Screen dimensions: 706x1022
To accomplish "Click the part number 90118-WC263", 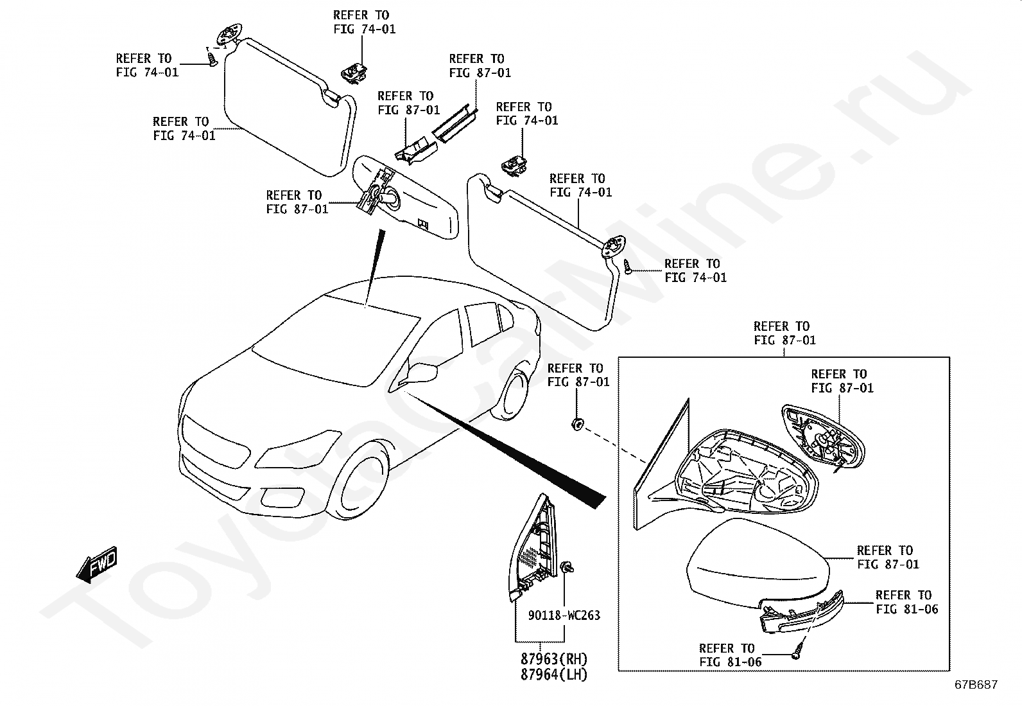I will pyautogui.click(x=564, y=615).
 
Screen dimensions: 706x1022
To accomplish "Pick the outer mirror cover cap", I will pyautogui.click(x=758, y=558).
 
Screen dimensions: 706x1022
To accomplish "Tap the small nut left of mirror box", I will pyautogui.click(x=576, y=423).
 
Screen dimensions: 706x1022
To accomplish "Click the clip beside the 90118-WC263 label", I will pyautogui.click(x=567, y=567).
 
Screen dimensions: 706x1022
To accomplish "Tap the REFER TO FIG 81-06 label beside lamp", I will pyautogui.click(x=906, y=602).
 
